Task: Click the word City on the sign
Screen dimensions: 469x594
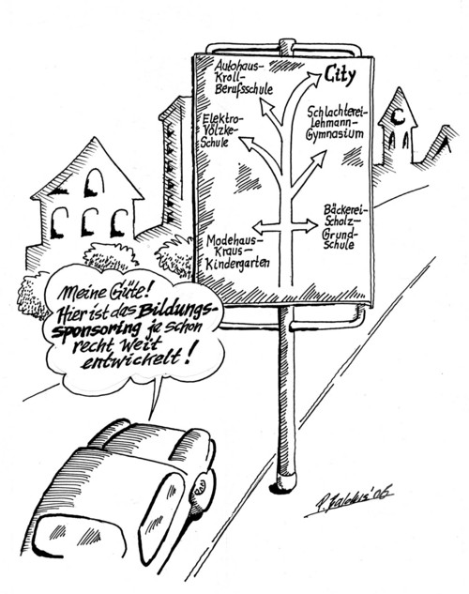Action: tap(340, 75)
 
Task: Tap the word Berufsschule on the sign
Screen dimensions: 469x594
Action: tap(244, 89)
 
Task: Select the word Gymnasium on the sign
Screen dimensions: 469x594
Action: tap(335, 134)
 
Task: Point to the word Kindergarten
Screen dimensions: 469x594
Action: tap(237, 264)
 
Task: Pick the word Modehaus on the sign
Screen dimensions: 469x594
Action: tap(232, 240)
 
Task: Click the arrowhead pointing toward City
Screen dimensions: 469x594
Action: tap(312, 79)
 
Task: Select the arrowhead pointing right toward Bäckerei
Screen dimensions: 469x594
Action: tap(310, 226)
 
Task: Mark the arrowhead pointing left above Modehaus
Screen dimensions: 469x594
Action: tap(260, 227)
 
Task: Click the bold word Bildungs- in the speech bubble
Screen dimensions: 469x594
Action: tap(177, 312)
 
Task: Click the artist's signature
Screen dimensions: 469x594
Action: tap(348, 501)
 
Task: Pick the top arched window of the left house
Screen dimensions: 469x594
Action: tap(94, 183)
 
